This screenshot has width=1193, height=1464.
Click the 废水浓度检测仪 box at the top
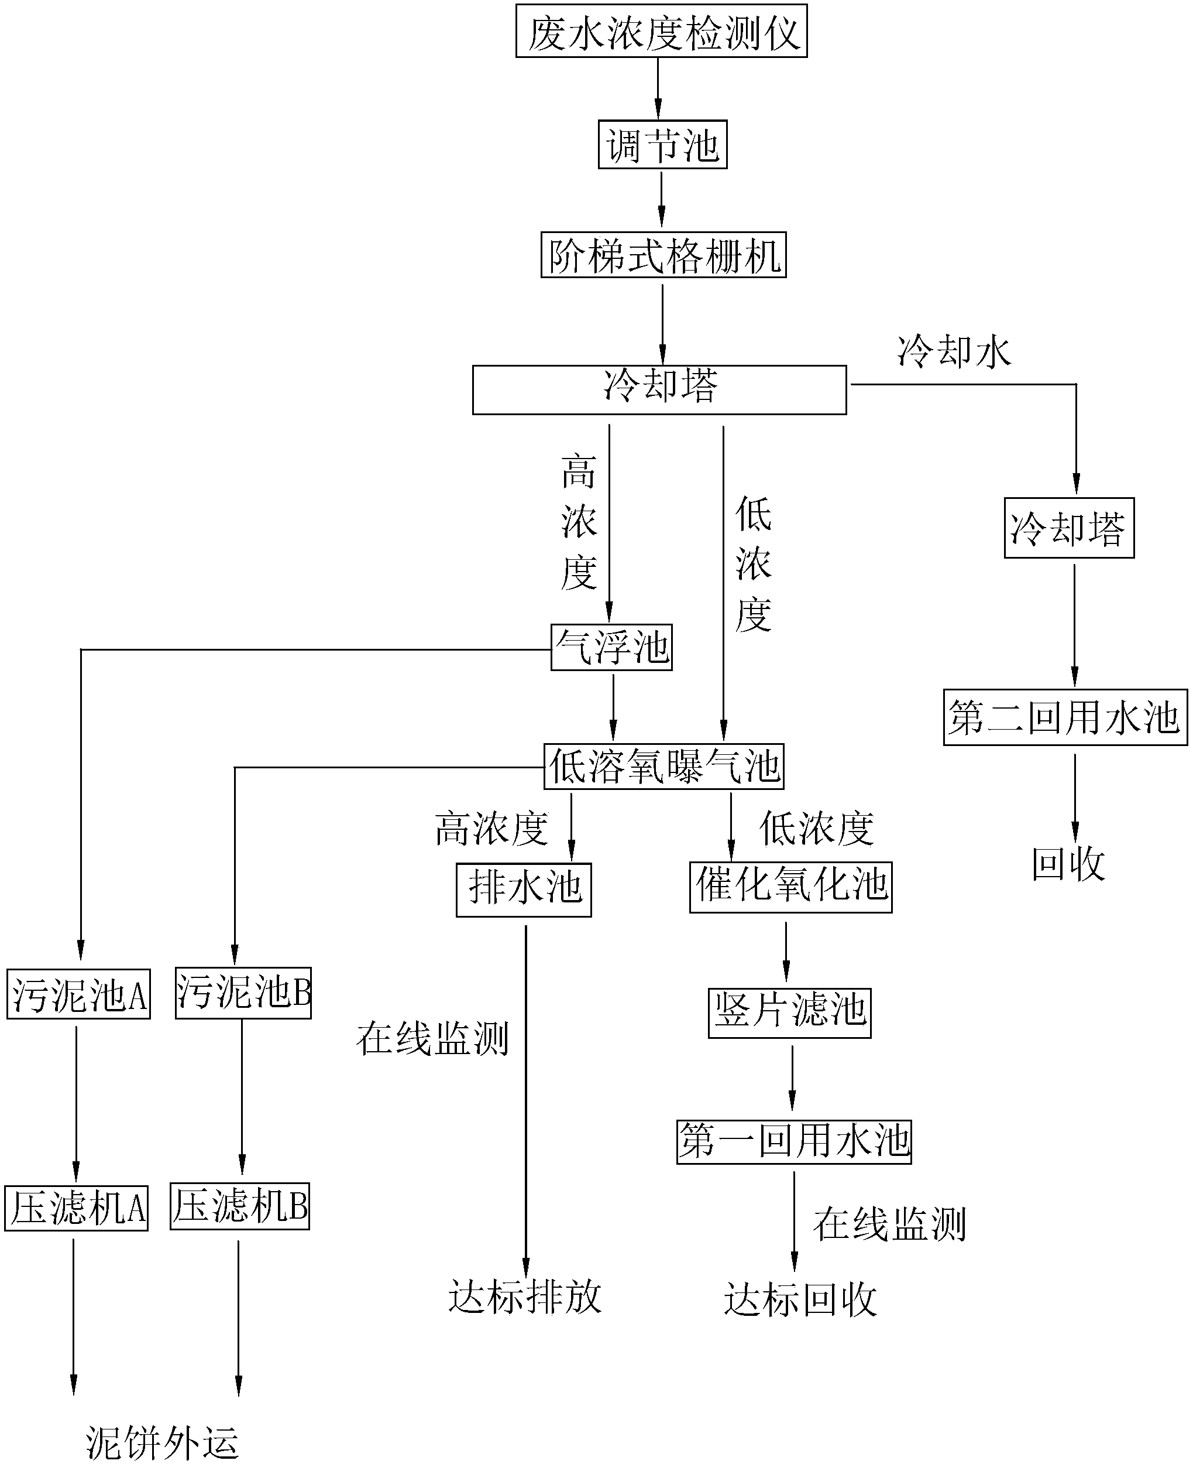click(661, 32)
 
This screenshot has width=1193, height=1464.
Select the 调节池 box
click(662, 145)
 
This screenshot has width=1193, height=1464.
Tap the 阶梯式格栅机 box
click(663, 255)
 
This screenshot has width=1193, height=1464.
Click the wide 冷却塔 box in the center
click(659, 390)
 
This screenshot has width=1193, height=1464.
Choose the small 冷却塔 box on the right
click(1068, 528)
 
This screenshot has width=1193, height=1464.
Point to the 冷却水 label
click(954, 351)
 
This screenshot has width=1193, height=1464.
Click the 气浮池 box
click(611, 647)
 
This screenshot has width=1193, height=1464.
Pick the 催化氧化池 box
click(790, 887)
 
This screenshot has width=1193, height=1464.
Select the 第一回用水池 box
click(794, 1141)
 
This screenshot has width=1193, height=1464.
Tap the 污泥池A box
click(78, 994)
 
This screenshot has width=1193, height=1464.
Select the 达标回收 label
click(800, 1299)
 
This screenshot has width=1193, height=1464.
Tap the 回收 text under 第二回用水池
click(1068, 864)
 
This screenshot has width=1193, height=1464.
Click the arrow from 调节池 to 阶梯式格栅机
click(662, 200)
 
